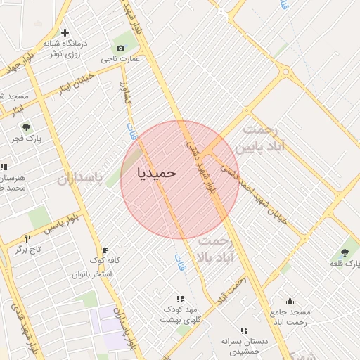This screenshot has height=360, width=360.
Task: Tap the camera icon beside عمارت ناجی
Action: pos(121,48)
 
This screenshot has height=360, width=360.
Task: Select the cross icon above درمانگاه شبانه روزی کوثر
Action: pos(65,32)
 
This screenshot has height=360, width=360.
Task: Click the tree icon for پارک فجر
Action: pos(26,128)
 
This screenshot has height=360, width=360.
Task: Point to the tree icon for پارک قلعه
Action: pos(345,252)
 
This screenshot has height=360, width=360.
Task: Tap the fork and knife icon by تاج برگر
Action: pos(27,238)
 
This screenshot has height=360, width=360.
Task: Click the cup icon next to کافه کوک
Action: pos(105,250)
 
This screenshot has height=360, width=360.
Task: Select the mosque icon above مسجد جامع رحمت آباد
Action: pos(290,301)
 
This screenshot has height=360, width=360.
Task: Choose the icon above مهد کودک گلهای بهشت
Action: pos(180,299)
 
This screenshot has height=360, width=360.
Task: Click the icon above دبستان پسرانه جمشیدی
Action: pos(244,330)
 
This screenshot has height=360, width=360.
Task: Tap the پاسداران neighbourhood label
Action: pos(80,179)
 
